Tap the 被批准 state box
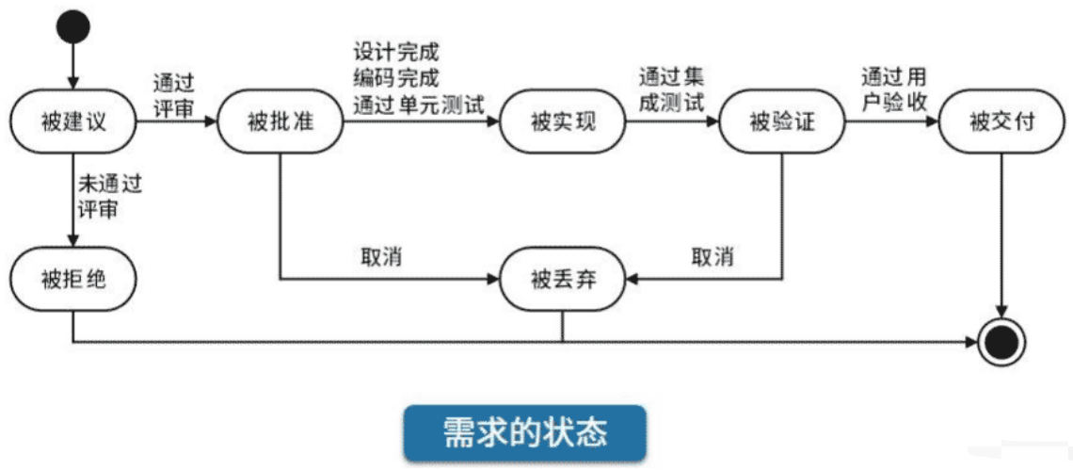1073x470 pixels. tap(280, 123)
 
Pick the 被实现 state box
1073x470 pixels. tap(562, 123)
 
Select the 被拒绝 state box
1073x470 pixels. tap(72, 279)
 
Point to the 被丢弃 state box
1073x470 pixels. tap(562, 279)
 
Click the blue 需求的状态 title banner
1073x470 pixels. tap(525, 432)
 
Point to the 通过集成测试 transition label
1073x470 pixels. tap(669, 90)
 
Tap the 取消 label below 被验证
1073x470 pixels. tap(713, 256)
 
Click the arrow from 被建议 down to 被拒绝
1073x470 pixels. tap(72, 203)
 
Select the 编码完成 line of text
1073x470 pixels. tap(396, 77)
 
